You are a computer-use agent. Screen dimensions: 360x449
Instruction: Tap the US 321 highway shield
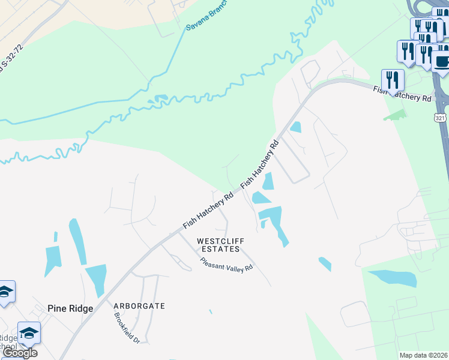[x=440, y=119]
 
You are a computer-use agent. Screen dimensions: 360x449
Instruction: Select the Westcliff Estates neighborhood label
[x=218, y=245]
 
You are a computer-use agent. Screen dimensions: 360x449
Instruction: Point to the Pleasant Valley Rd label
[x=227, y=264]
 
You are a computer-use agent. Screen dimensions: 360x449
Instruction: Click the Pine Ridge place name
[x=70, y=308]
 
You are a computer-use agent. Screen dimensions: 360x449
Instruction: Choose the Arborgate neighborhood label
[x=139, y=305]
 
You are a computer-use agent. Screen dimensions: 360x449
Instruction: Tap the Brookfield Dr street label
[x=127, y=328]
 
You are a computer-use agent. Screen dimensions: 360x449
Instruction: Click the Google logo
[x=20, y=353]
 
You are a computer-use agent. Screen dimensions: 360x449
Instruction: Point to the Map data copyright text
[x=423, y=355]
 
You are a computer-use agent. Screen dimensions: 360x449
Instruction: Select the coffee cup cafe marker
[x=442, y=61]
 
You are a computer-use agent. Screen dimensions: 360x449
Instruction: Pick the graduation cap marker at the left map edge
[x=5, y=292]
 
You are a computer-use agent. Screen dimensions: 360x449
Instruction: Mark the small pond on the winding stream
[x=161, y=98]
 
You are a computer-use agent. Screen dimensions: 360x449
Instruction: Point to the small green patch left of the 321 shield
[x=395, y=114]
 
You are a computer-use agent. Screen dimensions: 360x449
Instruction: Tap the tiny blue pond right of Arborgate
[x=210, y=311]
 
